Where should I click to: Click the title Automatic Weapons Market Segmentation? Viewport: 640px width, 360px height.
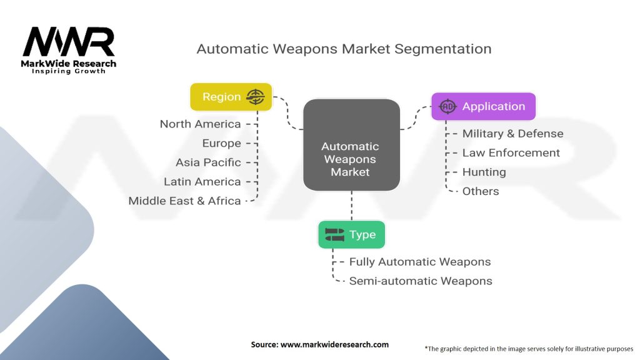(x=344, y=49)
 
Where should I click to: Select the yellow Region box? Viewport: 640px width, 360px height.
(x=231, y=97)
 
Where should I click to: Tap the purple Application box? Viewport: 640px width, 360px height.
(x=483, y=106)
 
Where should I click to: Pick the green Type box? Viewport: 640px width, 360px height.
(x=351, y=234)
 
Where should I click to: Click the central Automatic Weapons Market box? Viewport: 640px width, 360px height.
(x=351, y=159)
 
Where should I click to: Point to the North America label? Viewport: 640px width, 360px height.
(x=200, y=124)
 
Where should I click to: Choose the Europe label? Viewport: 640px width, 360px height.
(x=221, y=143)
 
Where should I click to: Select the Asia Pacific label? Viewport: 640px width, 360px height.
(x=208, y=162)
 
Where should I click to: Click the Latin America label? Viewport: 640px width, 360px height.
(x=202, y=182)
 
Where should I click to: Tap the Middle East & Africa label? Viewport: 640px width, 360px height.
(x=184, y=201)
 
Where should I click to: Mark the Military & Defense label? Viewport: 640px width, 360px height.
(x=512, y=134)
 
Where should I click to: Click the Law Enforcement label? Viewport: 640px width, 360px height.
(x=511, y=153)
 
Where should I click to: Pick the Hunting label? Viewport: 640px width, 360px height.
(x=484, y=172)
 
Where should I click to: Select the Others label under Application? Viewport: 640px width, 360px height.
(x=480, y=191)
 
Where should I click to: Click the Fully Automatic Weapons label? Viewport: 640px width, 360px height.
(x=419, y=262)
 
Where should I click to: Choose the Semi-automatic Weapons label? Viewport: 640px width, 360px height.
(x=420, y=281)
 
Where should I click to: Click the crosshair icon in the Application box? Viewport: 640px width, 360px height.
(x=447, y=106)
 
